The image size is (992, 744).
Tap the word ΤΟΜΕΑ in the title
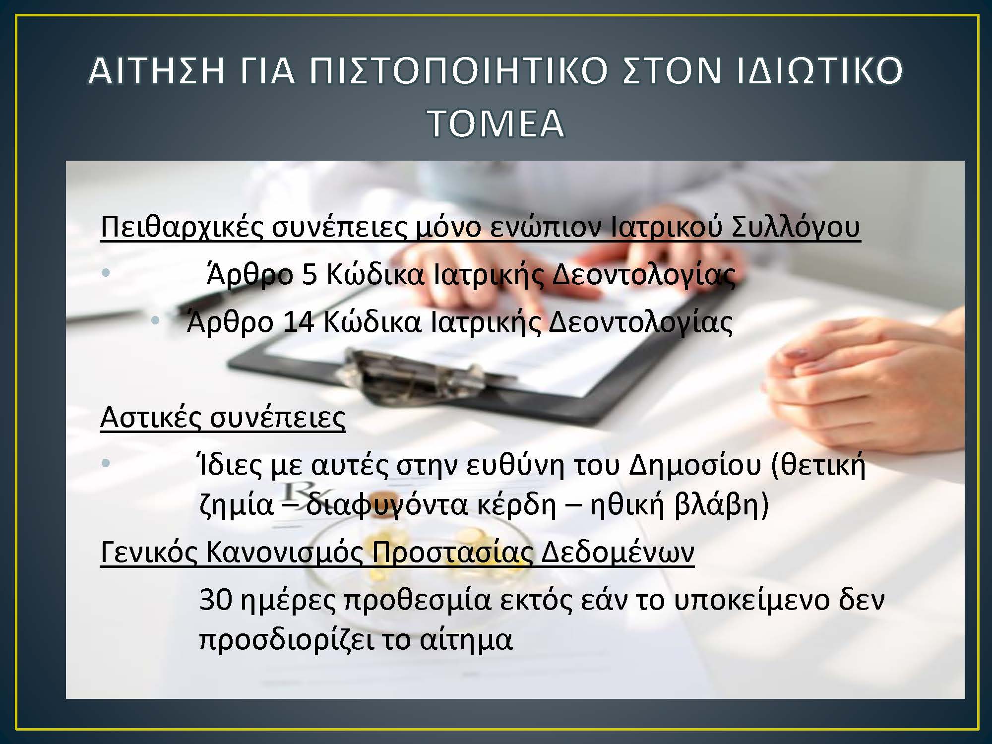point(496,123)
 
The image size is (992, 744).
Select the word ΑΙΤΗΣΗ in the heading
point(157,70)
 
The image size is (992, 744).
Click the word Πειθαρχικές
point(181,227)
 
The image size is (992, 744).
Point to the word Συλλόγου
point(796,227)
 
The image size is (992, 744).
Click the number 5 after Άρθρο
point(309,274)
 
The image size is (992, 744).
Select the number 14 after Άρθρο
point(298,322)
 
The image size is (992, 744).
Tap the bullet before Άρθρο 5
point(105,272)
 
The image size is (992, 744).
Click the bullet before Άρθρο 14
point(155,320)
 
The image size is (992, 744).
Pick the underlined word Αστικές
point(151,417)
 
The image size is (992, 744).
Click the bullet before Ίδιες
point(105,463)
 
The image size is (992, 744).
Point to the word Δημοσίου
point(694,466)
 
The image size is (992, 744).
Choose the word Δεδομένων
point(618,552)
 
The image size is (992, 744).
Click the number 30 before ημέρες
point(215,600)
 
